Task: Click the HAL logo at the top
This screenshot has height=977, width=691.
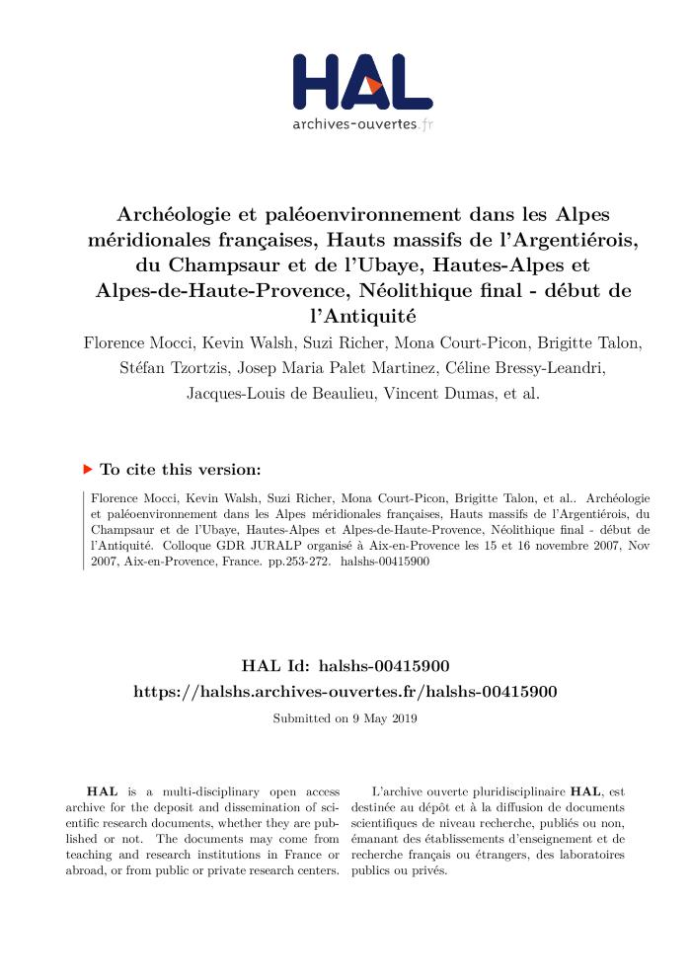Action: coord(362,83)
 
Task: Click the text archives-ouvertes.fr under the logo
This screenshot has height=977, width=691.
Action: coord(362,124)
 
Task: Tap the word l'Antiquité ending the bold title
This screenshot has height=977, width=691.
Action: coord(345,317)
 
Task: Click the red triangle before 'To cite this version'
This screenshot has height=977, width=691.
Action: coord(88,469)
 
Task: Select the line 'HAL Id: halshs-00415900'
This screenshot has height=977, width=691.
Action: coord(345,668)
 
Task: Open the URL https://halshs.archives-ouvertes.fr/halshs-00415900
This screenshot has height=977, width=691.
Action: coord(345,692)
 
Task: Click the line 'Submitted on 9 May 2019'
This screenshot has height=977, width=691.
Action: coord(345,718)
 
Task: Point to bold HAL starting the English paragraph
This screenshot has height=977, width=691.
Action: coord(99,791)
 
